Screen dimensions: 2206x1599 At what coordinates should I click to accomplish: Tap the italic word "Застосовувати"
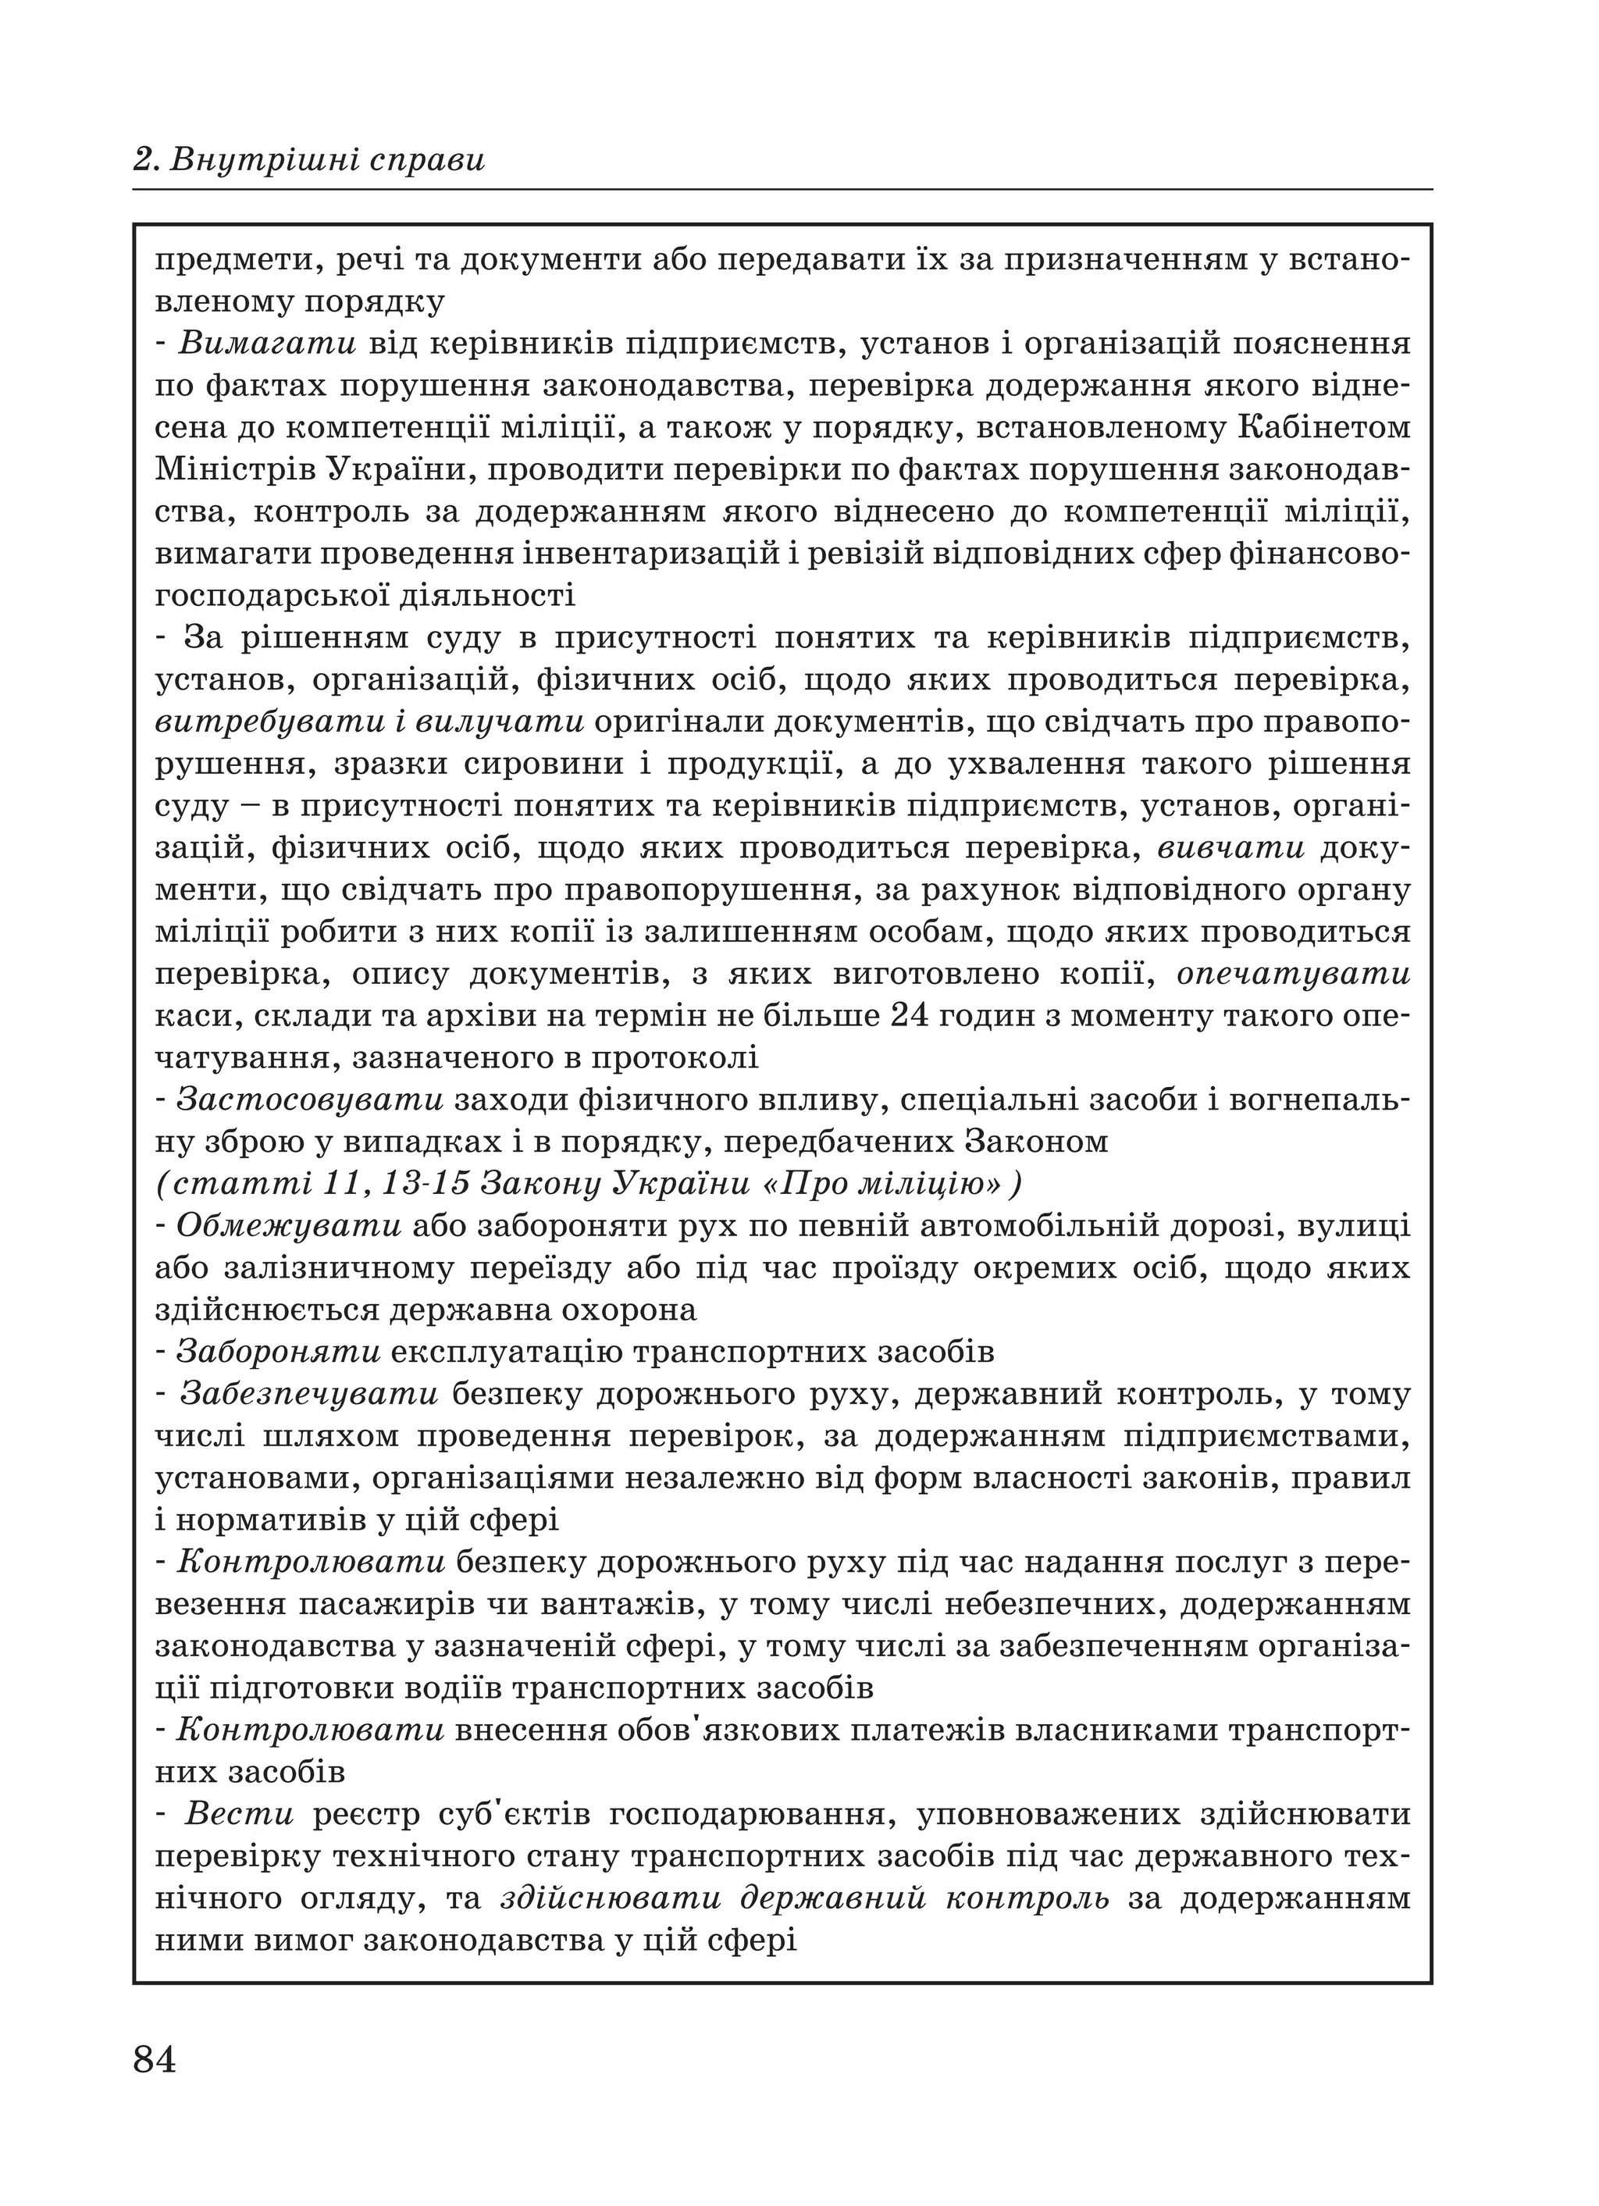click(x=310, y=1099)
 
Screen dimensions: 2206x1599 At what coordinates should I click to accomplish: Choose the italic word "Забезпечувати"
click(x=309, y=1394)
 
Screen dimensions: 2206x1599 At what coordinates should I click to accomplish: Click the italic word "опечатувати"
click(x=1294, y=974)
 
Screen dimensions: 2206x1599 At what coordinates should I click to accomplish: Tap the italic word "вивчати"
click(x=1231, y=847)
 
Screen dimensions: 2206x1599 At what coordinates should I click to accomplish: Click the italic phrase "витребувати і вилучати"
click(x=369, y=722)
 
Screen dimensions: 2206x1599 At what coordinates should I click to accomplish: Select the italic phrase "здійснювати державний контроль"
click(x=805, y=1898)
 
